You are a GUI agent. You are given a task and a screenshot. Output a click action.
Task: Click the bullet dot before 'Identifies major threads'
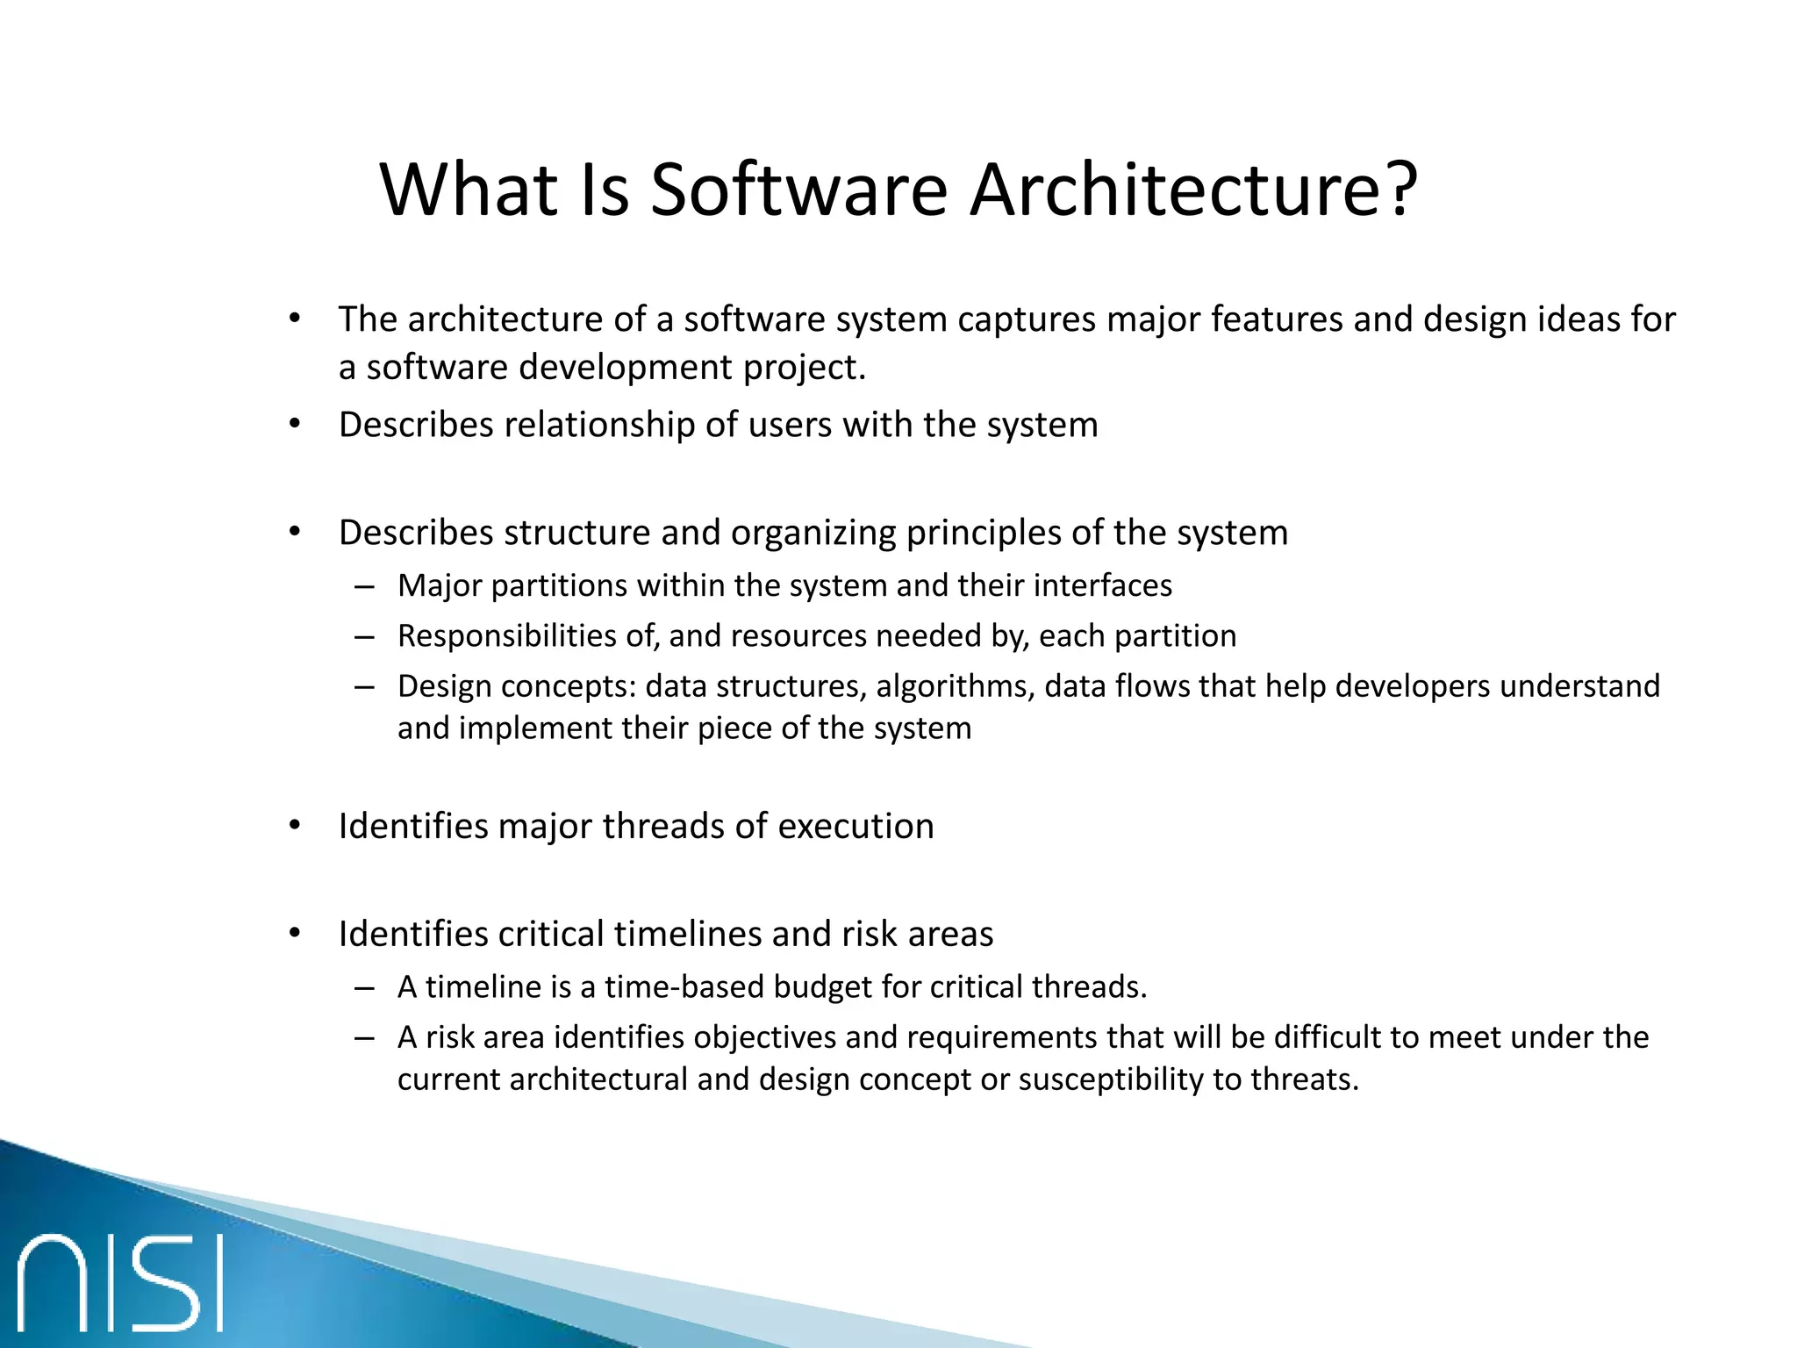pos(295,826)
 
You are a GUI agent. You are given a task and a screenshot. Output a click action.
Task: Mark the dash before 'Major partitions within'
pos(365,586)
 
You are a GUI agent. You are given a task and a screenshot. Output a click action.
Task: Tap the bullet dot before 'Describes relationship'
pos(295,425)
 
